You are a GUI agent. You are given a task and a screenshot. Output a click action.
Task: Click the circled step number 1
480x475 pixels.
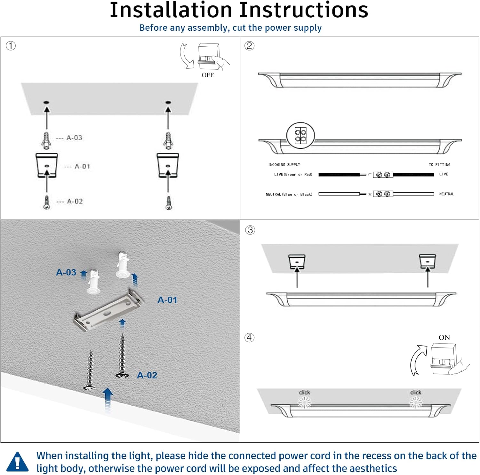point(11,46)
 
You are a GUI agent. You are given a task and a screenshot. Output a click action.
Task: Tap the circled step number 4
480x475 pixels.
point(249,338)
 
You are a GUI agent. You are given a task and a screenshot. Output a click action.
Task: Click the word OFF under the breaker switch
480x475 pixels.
point(207,75)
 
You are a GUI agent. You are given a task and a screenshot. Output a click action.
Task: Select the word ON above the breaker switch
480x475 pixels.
point(444,338)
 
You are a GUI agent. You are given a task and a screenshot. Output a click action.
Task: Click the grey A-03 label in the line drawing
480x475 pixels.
point(74,138)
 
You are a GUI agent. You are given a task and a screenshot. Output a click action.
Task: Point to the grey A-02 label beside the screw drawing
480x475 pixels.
point(75,201)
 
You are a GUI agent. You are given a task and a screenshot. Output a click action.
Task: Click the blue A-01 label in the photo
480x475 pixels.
point(167,300)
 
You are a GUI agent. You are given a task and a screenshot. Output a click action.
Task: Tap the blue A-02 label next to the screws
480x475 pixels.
point(147,375)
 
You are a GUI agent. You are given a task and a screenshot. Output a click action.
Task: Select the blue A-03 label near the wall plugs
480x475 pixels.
point(66,272)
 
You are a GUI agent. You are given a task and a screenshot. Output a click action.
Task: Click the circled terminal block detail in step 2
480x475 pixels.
point(300,136)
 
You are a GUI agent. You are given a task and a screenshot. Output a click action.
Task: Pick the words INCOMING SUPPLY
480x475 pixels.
point(284,165)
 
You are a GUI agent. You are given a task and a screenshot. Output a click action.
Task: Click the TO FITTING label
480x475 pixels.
point(439,165)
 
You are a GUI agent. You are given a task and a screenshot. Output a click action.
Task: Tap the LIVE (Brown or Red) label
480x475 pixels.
point(293,175)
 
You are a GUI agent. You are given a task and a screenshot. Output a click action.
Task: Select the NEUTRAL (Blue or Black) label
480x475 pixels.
point(289,194)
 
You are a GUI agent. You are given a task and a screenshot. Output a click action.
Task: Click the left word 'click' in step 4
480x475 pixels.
point(304,392)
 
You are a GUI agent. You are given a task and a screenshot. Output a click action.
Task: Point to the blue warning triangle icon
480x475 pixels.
point(18,462)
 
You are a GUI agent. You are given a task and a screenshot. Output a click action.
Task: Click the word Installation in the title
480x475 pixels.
point(171,10)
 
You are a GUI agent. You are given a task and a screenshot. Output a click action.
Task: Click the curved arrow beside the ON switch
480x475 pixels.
point(418,360)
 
